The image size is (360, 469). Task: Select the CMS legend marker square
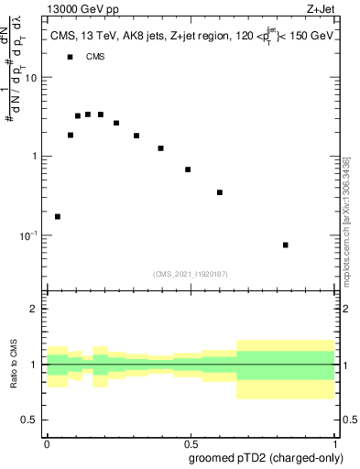pyautogui.click(x=70, y=57)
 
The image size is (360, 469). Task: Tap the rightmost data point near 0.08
pyautogui.click(x=286, y=245)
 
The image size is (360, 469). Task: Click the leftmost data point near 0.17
pyautogui.click(x=58, y=217)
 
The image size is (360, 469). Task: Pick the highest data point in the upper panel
pyautogui.click(x=88, y=115)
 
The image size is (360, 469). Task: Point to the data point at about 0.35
pyautogui.click(x=220, y=192)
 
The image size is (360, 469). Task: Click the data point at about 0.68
pyautogui.click(x=188, y=169)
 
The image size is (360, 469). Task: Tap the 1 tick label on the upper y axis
pyautogui.click(x=35, y=156)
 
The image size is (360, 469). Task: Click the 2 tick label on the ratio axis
pyautogui.click(x=35, y=309)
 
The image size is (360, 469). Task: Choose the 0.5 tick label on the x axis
pyautogui.click(x=191, y=442)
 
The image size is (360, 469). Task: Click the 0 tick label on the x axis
pyautogui.click(x=47, y=442)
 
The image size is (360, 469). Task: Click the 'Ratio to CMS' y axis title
pyautogui.click(x=14, y=364)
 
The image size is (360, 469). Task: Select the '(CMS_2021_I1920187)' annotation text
pyautogui.click(x=191, y=273)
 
